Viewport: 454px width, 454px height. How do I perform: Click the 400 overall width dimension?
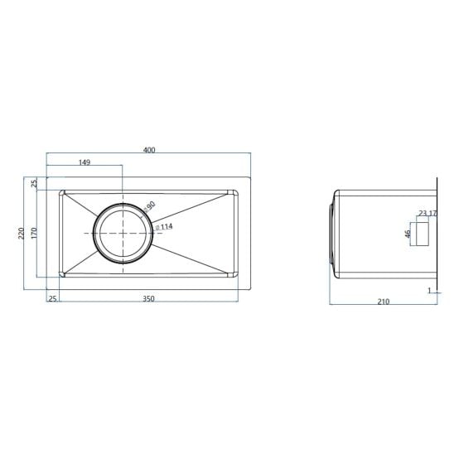coord(149,150)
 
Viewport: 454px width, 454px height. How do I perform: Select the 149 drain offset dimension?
coord(85,162)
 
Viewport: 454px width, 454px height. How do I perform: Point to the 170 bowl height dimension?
coord(34,233)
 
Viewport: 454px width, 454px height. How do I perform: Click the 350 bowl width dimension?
coord(148,299)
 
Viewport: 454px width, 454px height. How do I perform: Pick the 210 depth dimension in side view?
coord(384,302)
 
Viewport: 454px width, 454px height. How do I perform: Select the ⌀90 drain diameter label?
coord(149,206)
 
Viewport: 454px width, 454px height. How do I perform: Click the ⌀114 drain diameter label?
coord(164,227)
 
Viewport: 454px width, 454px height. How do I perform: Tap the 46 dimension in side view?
coord(408,234)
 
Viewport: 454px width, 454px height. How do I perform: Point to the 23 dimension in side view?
coord(423,214)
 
